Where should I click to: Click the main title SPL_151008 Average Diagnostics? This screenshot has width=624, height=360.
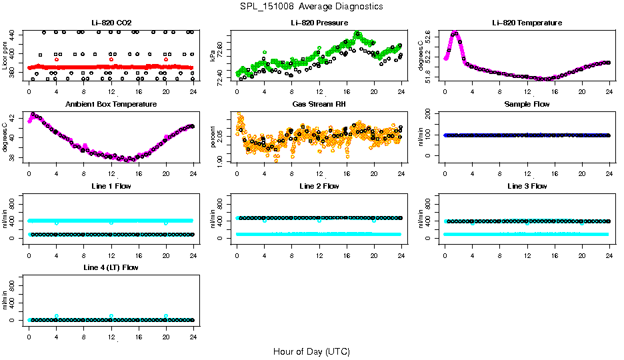tap(311, 7)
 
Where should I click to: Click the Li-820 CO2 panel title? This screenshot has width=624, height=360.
tap(111, 23)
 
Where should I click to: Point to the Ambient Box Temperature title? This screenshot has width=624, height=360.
tap(111, 105)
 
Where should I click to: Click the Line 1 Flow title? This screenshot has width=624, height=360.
tap(111, 186)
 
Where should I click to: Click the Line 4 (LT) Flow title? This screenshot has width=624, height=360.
tap(111, 267)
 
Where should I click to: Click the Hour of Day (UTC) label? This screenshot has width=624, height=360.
tap(311, 351)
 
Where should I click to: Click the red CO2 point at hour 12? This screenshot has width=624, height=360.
tap(111, 59)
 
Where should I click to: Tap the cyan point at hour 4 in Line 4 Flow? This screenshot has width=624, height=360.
tap(57, 316)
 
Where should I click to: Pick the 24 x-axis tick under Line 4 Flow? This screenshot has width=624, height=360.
tap(193, 338)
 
